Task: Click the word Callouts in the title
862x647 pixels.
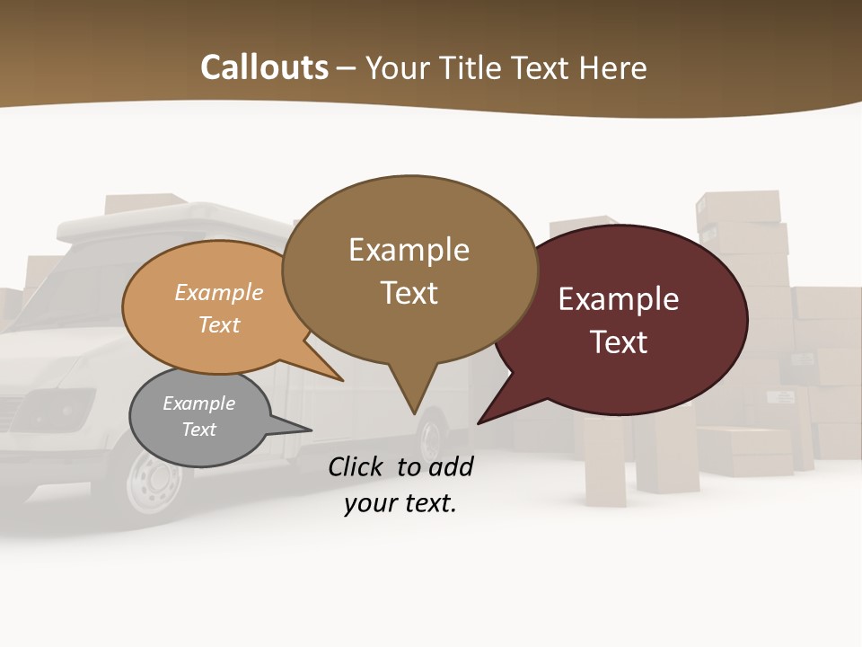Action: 264,67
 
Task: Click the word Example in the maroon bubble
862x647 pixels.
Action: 619,298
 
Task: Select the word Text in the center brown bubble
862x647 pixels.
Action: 409,292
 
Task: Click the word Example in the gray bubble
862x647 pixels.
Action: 198,403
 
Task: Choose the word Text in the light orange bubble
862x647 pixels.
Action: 219,324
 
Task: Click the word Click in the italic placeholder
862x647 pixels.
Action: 358,466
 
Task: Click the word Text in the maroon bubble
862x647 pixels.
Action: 619,341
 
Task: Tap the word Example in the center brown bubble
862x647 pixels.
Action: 409,249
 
